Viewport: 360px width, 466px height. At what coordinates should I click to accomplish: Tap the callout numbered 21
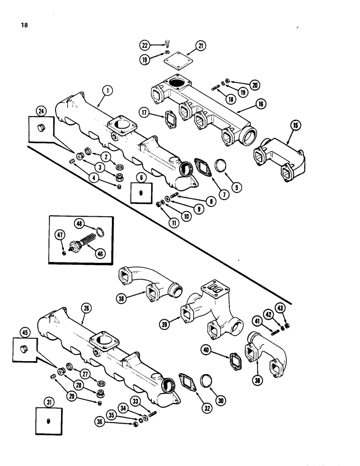tap(200, 46)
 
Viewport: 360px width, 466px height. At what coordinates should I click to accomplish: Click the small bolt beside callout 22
tap(166, 44)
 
